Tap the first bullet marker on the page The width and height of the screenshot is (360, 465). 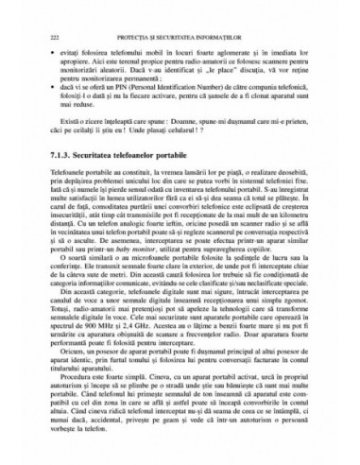[62, 46]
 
